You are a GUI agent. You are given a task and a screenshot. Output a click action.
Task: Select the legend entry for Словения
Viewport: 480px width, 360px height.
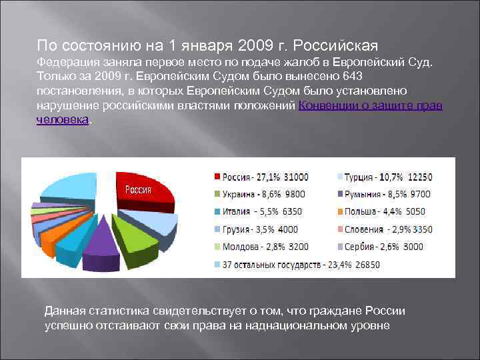point(387,229)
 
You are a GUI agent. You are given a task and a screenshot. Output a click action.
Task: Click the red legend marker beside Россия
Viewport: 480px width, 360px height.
point(217,177)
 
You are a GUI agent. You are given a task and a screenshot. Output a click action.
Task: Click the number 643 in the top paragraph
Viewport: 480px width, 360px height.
point(353,76)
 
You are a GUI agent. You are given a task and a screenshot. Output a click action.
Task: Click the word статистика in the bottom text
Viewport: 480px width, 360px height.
point(119,311)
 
